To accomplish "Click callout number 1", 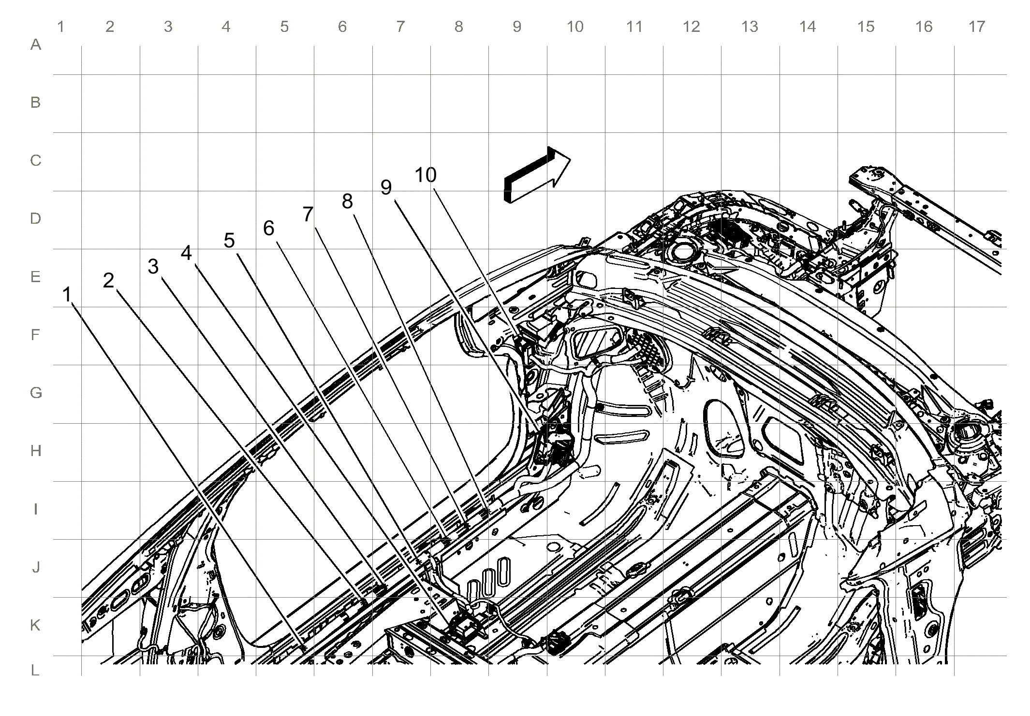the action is click(x=67, y=294).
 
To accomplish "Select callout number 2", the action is click(x=108, y=280).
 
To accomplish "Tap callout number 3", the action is click(x=153, y=266).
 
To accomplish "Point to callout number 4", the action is click(x=186, y=253).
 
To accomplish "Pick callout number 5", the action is click(x=229, y=240).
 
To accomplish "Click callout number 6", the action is click(x=268, y=228).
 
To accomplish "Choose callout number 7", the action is click(x=308, y=214).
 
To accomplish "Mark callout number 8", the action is click(x=347, y=201).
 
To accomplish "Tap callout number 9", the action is click(x=386, y=187).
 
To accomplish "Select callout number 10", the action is click(x=426, y=175).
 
